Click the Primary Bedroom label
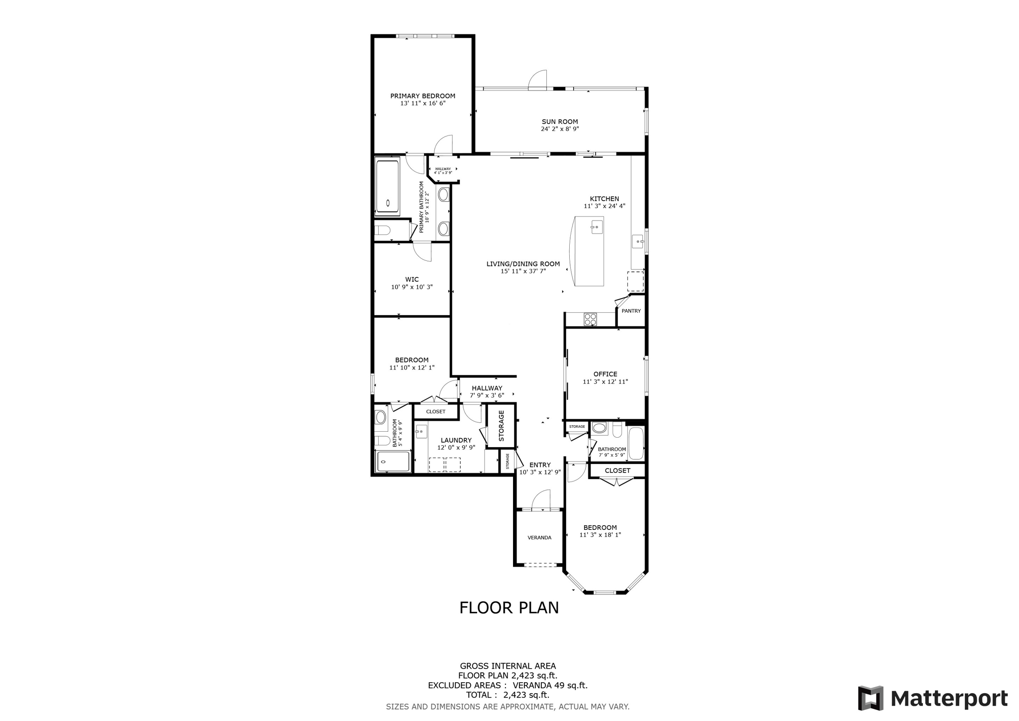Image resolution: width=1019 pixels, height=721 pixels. [x=422, y=96]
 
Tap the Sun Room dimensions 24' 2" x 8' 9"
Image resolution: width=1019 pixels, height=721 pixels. [x=560, y=129]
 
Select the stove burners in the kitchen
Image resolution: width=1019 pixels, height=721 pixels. [x=590, y=319]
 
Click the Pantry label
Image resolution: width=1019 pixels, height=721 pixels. [x=631, y=311]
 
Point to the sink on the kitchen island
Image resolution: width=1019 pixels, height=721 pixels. [x=597, y=227]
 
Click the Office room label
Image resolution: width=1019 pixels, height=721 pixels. [x=605, y=374]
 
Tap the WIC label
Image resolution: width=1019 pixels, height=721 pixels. [x=411, y=279]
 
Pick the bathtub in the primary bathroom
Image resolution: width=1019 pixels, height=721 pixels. [x=387, y=187]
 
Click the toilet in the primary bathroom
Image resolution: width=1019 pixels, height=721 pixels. [x=383, y=231]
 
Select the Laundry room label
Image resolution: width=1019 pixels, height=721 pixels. [x=456, y=440]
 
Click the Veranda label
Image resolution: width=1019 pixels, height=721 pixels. [x=539, y=538]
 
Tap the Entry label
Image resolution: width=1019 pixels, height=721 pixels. [x=540, y=465]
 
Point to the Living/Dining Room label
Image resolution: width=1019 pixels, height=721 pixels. [x=523, y=264]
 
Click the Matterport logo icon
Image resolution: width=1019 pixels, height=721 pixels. [x=870, y=698]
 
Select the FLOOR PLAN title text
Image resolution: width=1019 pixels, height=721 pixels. [x=509, y=608]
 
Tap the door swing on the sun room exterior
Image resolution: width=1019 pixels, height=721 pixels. [x=538, y=80]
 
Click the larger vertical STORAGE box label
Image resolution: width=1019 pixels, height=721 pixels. [x=501, y=426]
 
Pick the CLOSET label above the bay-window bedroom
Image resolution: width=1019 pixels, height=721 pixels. [x=617, y=471]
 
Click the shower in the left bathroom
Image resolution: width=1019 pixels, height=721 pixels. [x=393, y=462]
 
